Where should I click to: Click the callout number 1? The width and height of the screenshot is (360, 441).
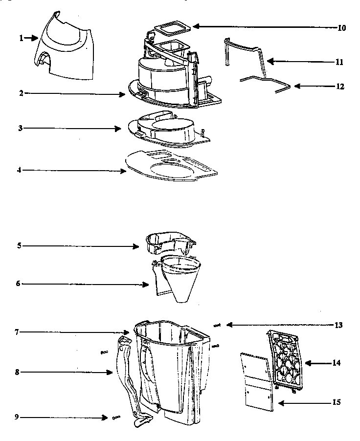tap(22, 38)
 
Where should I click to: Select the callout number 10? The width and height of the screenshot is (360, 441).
tap(341, 28)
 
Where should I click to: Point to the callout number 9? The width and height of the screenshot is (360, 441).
tap(17, 418)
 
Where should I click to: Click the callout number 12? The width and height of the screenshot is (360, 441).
tap(340, 87)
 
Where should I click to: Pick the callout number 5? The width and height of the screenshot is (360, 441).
tap(19, 245)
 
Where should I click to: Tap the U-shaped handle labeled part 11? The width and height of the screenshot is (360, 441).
tap(245, 49)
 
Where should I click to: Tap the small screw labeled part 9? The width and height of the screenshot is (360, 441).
tap(116, 417)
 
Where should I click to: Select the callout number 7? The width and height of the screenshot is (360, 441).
tap(17, 332)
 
